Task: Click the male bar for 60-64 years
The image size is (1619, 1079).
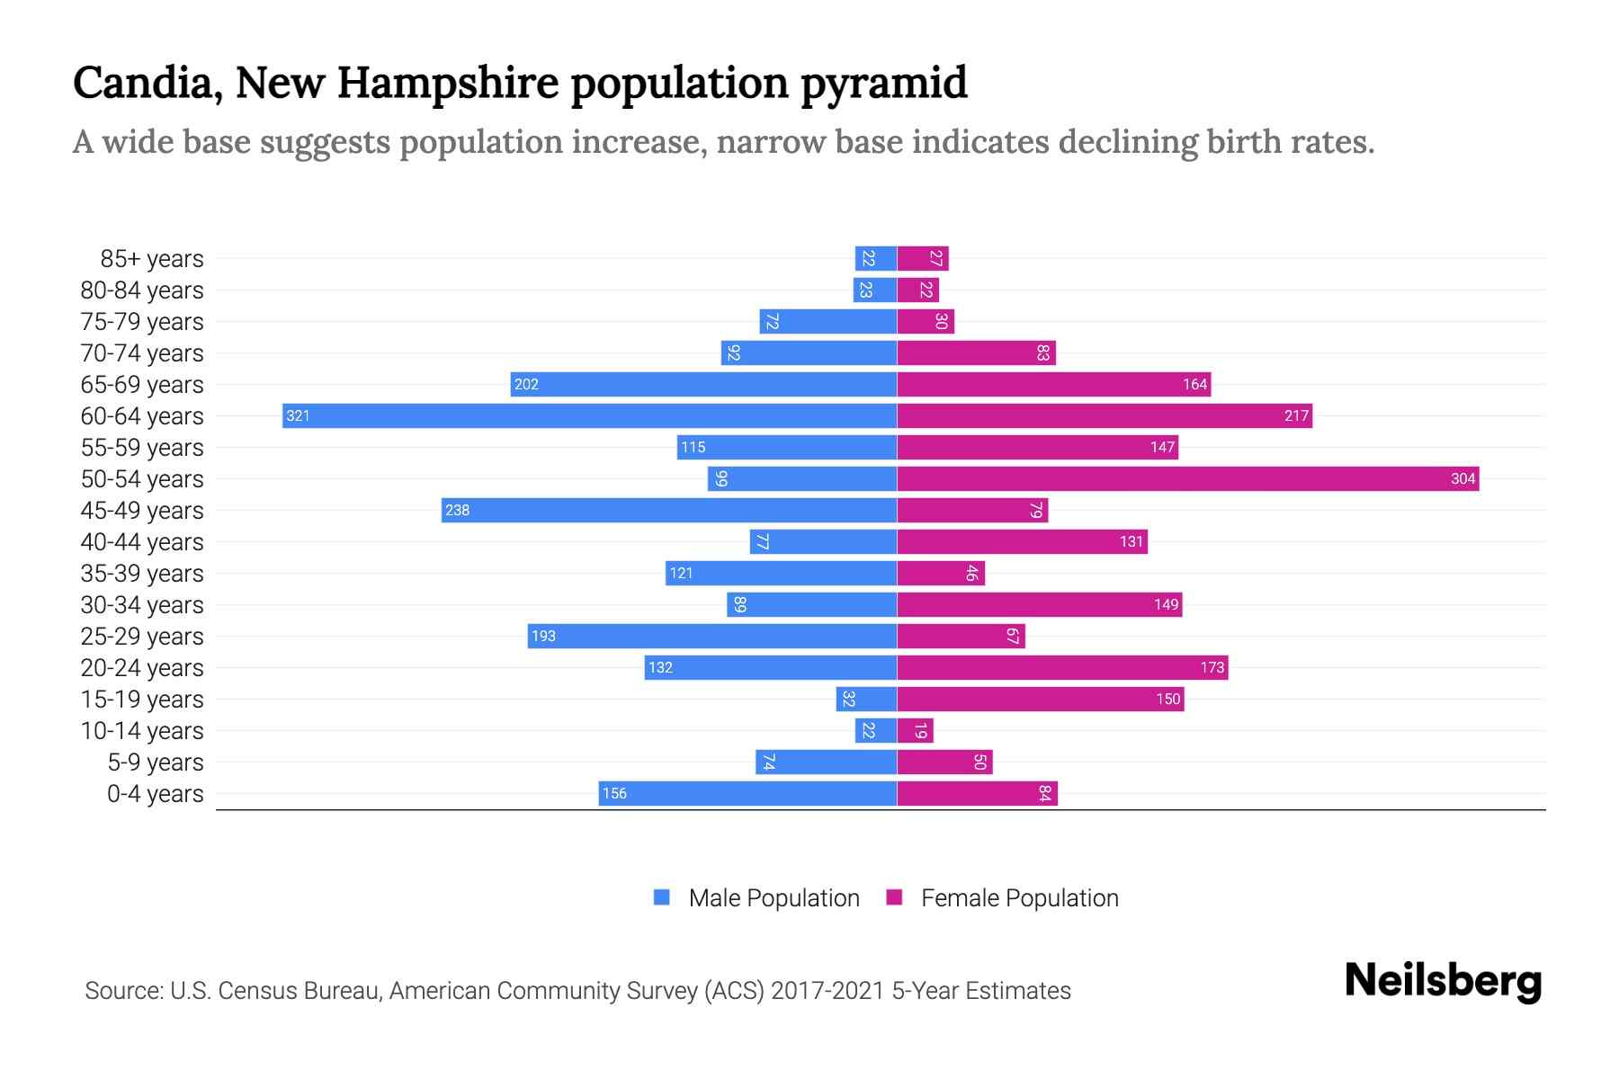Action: [589, 415]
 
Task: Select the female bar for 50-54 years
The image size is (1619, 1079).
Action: [1187, 478]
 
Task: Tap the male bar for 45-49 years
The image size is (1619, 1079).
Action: [669, 510]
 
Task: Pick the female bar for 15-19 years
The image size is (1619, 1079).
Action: [1040, 699]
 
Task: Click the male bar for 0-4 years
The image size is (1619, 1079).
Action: [747, 793]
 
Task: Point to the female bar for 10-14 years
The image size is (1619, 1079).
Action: [915, 730]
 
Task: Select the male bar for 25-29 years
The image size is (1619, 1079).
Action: [711, 636]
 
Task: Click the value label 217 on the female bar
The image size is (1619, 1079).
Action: [1295, 415]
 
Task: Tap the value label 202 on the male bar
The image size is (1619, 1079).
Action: [526, 384]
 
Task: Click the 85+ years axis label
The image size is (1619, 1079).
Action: [151, 259]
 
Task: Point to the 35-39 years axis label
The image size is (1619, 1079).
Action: [142, 574]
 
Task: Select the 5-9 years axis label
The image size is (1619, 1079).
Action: [155, 762]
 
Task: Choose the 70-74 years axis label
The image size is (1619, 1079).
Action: [142, 353]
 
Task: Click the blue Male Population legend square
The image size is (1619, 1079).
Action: [662, 897]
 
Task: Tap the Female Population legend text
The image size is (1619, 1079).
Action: [1019, 898]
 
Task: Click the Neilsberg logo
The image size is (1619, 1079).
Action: [1443, 980]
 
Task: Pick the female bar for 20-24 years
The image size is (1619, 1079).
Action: [1061, 667]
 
